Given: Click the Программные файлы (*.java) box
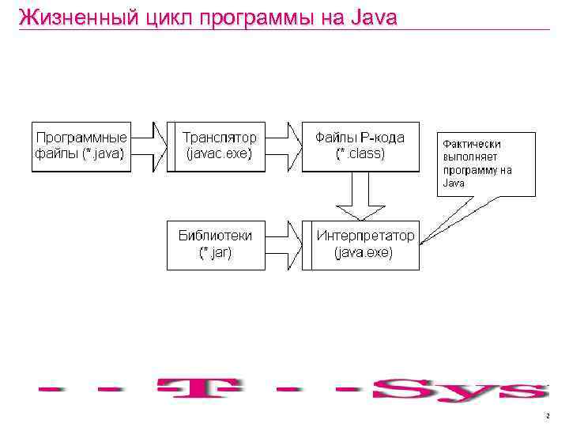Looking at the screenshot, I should [x=81, y=145].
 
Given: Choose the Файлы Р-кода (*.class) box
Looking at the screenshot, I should [x=360, y=145].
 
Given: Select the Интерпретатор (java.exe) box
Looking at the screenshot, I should [x=365, y=244].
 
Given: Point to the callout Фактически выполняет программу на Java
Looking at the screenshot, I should [x=487, y=164].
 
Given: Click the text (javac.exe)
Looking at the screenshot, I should [x=219, y=154].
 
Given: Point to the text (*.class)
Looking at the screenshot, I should [x=360, y=154].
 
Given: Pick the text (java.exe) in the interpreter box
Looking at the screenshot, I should [x=364, y=253].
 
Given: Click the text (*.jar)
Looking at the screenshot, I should [x=215, y=253].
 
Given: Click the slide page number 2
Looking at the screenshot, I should [x=547, y=415].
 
